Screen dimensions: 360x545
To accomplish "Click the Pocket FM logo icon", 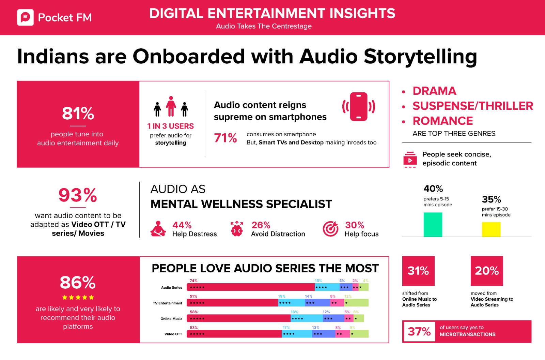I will [x=25, y=17].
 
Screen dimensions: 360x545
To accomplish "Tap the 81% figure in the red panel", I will [x=78, y=114].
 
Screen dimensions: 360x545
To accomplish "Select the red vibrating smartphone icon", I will [x=358, y=106].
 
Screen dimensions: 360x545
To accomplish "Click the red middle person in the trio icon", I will [x=171, y=106].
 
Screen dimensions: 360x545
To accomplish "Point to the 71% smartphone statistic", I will [x=225, y=138].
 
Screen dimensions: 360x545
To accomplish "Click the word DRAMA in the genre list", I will [x=434, y=91].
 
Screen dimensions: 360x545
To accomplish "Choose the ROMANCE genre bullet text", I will [x=442, y=121].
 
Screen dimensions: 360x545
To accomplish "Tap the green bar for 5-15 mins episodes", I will [x=433, y=224].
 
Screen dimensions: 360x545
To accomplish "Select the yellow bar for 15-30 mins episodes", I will [x=491, y=229].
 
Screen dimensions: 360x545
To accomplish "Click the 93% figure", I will [x=78, y=195].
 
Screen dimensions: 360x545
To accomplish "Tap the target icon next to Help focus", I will [x=330, y=229].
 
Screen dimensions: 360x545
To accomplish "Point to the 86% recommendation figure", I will [x=78, y=283].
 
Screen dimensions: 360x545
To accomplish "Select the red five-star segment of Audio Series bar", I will [x=250, y=287].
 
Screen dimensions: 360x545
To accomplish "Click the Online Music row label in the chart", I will [x=171, y=319].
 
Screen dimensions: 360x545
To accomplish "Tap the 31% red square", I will [x=418, y=271].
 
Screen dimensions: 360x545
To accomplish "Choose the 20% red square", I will [x=487, y=271].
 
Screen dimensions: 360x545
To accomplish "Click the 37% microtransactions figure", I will [x=419, y=331].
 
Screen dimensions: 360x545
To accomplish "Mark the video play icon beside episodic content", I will [x=410, y=160].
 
